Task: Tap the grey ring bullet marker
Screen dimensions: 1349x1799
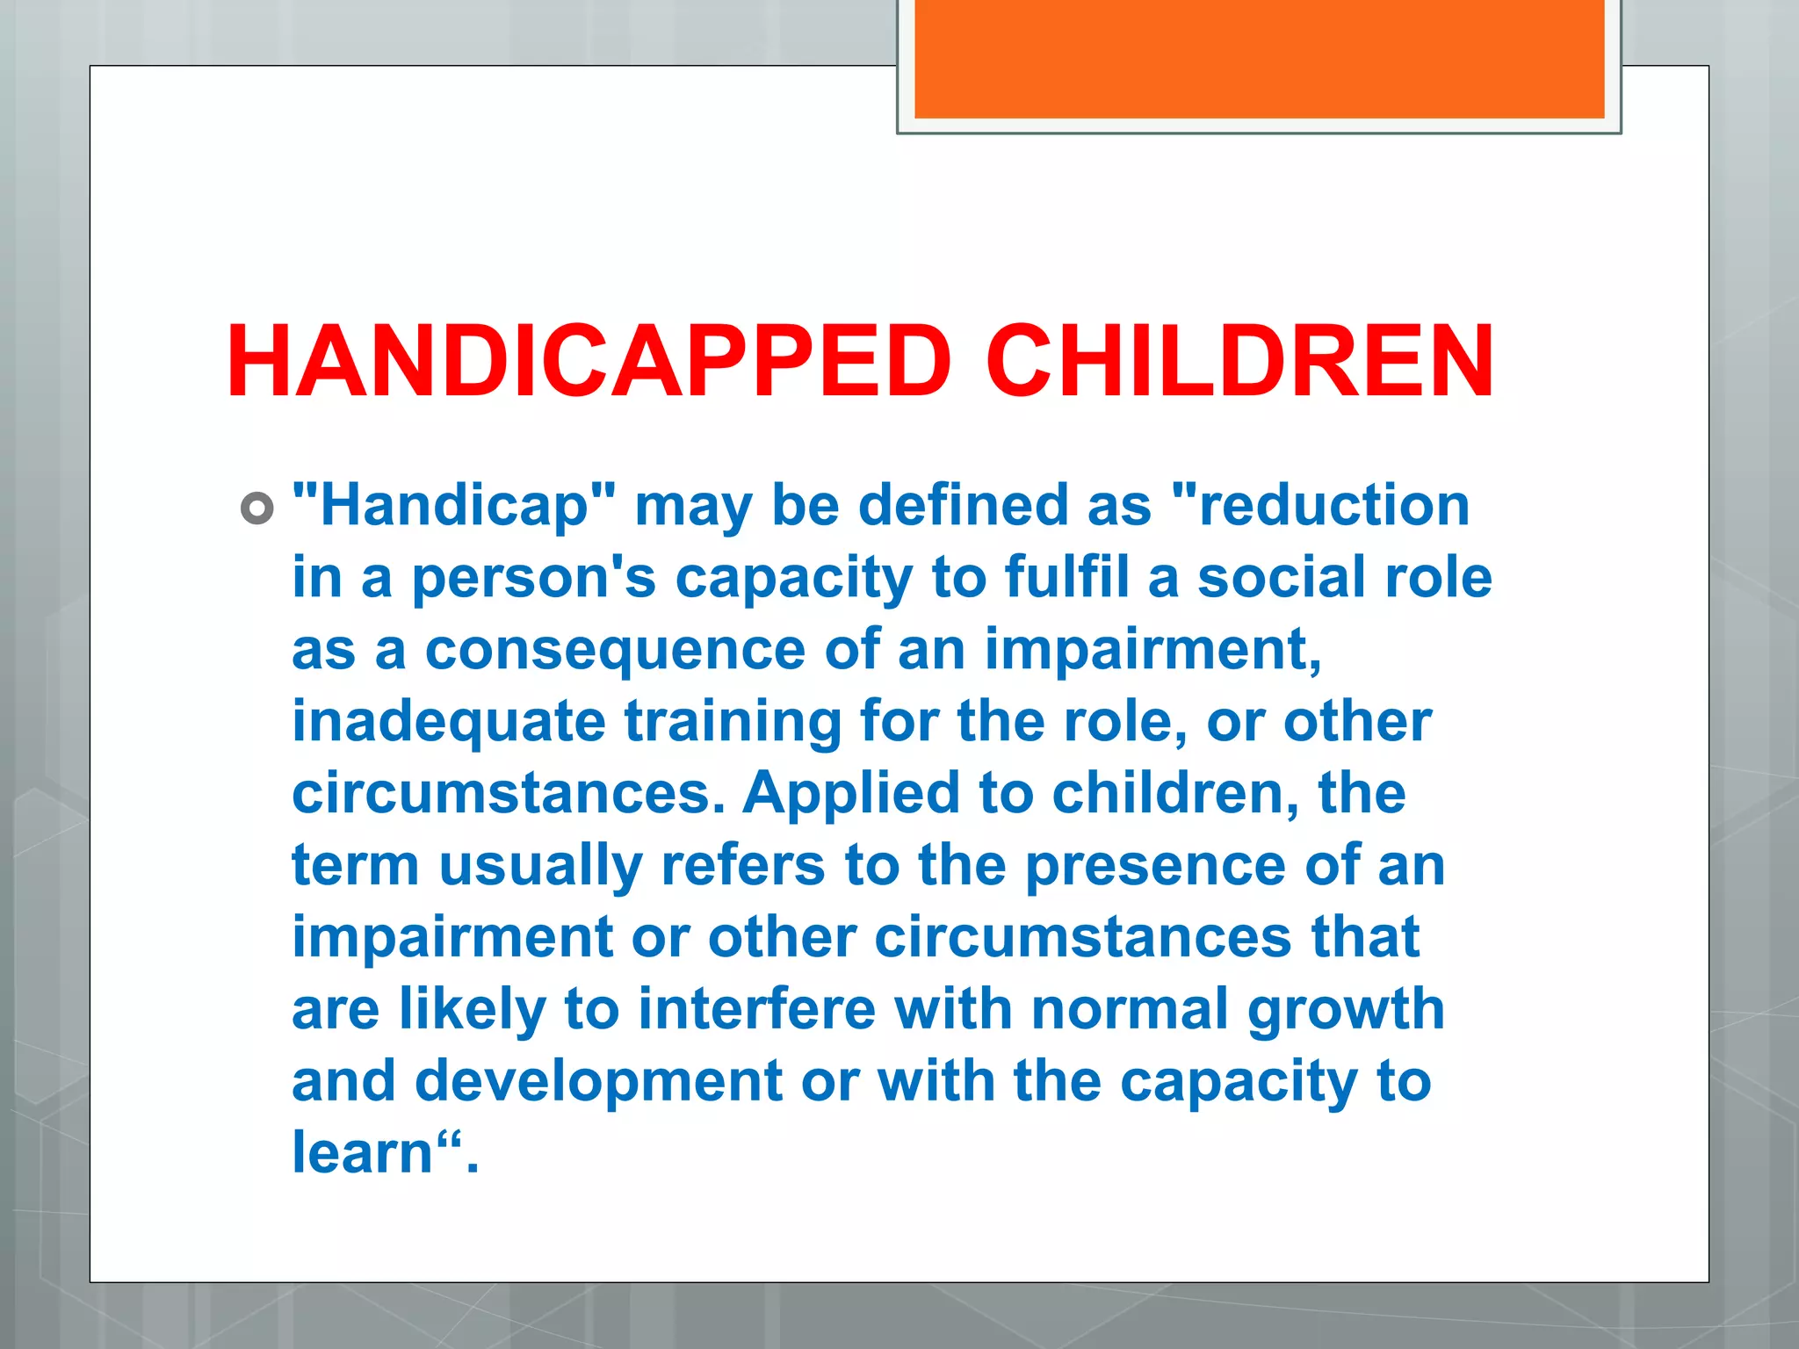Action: coord(256,509)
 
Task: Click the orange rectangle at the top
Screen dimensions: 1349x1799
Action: coord(1259,59)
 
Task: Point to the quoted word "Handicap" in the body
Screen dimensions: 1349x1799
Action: coord(454,507)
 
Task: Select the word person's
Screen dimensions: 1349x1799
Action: coord(534,580)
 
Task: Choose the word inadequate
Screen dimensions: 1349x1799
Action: coord(449,723)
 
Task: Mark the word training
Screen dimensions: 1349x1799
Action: coord(733,723)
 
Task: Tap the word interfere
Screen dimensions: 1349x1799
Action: coord(756,1009)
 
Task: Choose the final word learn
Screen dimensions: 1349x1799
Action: coord(363,1153)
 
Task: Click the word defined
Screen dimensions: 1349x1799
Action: coord(962,507)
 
